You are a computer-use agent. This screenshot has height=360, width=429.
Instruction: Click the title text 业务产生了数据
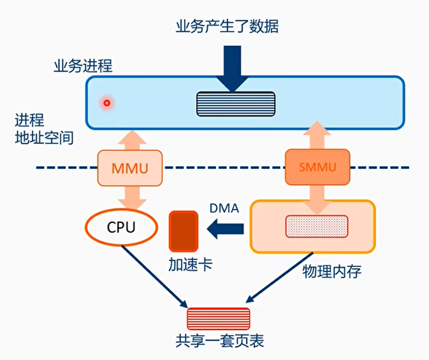[x=228, y=26]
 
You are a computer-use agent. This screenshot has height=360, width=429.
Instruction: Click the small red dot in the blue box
[x=107, y=103]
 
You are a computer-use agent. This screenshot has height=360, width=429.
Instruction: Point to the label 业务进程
[x=83, y=66]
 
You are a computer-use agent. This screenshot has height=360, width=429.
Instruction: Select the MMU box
[x=129, y=169]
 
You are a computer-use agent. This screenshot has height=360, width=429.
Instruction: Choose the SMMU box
[x=317, y=168]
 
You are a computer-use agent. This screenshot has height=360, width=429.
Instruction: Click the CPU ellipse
[x=121, y=226]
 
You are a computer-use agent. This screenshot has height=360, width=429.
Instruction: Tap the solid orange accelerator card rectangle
[x=184, y=231]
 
